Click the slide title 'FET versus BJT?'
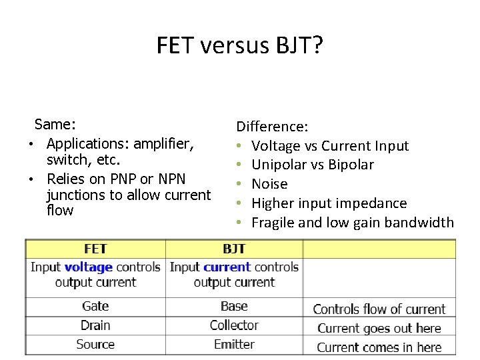coord(239,45)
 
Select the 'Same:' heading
coord(55,124)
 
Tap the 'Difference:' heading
coord(272,126)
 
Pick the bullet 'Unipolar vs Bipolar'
coord(312,165)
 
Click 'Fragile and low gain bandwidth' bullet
coord(352,222)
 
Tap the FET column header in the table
coord(95,249)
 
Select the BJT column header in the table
coord(234,249)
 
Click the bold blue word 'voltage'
coord(88,267)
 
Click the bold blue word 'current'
coord(227,267)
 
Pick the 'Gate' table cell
coord(95,307)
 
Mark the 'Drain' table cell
coord(95,325)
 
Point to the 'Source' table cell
coord(95,345)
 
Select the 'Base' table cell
coord(234,307)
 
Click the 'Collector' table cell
coord(234,325)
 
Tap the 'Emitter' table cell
coord(234,345)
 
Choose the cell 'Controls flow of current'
coord(379,309)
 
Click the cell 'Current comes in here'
coord(379,347)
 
